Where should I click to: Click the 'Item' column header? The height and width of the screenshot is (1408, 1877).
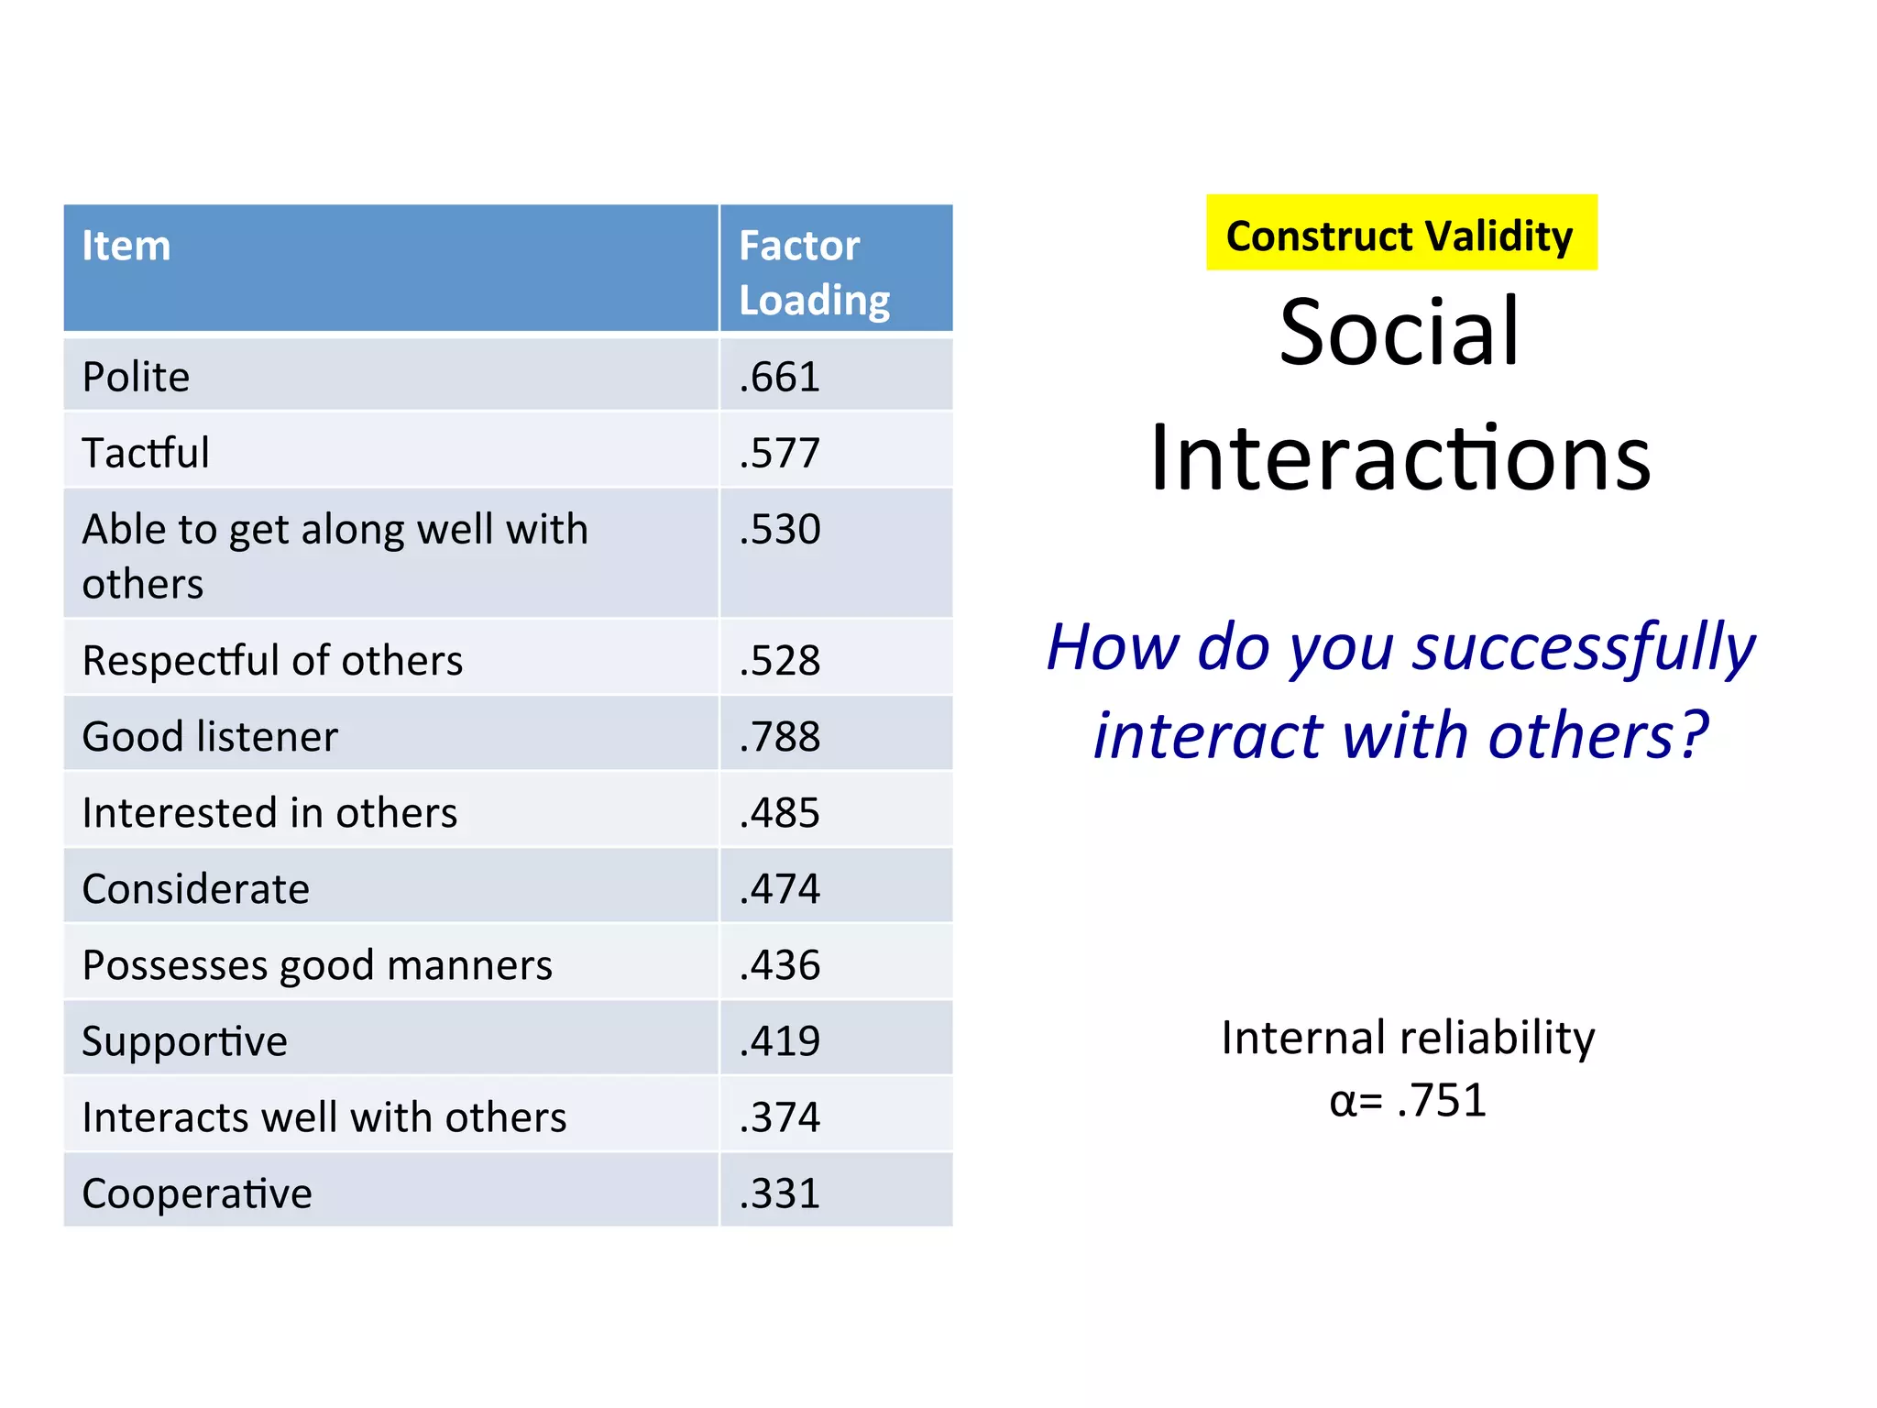pyautogui.click(x=126, y=247)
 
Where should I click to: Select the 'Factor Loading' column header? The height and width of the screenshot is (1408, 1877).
pyautogui.click(x=813, y=272)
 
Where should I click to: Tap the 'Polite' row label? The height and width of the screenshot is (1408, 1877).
pyautogui.click(x=136, y=377)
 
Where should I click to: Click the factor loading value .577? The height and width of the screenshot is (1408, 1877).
pyautogui.click(x=780, y=453)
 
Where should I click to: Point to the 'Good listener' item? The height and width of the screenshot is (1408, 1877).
pyautogui.click(x=210, y=737)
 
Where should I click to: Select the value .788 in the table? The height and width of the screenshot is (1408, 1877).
pyautogui.click(x=780, y=737)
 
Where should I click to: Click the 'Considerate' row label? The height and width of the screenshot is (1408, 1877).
pyautogui.click(x=195, y=889)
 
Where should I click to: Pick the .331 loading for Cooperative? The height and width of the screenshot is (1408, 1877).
pyautogui.click(x=780, y=1193)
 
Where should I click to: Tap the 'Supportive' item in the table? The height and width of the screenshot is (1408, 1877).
pyautogui.click(x=184, y=1041)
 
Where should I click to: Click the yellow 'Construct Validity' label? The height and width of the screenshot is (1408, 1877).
pyautogui.click(x=1400, y=236)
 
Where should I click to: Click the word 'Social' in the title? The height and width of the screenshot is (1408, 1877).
pyautogui.click(x=1400, y=332)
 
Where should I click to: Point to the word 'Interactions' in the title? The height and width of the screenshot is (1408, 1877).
pyautogui.click(x=1400, y=458)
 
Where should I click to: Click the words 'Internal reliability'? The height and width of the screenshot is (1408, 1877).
pyautogui.click(x=1408, y=1039)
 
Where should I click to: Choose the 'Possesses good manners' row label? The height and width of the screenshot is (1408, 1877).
pyautogui.click(x=317, y=965)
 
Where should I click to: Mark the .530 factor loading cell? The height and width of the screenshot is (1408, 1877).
pyautogui.click(x=780, y=530)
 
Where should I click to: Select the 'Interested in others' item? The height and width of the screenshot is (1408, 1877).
pyautogui.click(x=269, y=813)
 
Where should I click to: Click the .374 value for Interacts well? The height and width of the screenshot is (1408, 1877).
pyautogui.click(x=780, y=1117)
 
